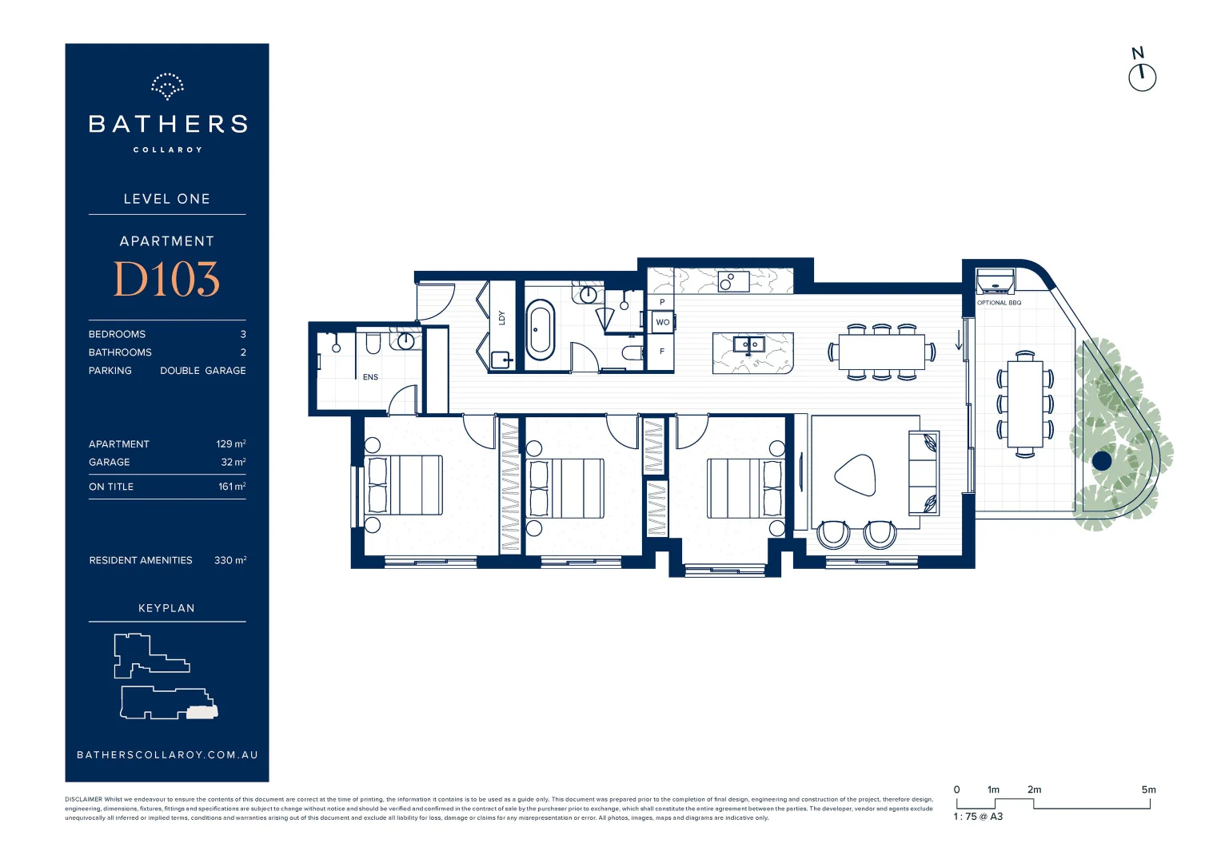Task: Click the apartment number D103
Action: pos(166,280)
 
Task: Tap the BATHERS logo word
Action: pos(167,124)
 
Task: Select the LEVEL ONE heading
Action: pos(166,199)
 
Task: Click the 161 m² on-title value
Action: pos(232,487)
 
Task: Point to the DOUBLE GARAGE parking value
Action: pos(203,371)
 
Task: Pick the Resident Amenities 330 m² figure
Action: pos(230,560)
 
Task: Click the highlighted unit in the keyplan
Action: pos(202,712)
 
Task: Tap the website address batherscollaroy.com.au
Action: pos(167,754)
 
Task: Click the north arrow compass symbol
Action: pos(1142,77)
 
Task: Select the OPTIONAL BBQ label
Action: pos(999,303)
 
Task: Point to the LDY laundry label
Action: pos(502,317)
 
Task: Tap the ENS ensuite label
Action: pos(370,377)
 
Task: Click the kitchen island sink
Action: pos(749,345)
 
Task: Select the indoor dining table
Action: pos(881,352)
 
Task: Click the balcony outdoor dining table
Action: pos(1025,404)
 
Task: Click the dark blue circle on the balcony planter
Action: pos(1102,460)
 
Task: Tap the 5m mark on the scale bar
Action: pos(1148,789)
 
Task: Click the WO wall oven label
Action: pos(662,322)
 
